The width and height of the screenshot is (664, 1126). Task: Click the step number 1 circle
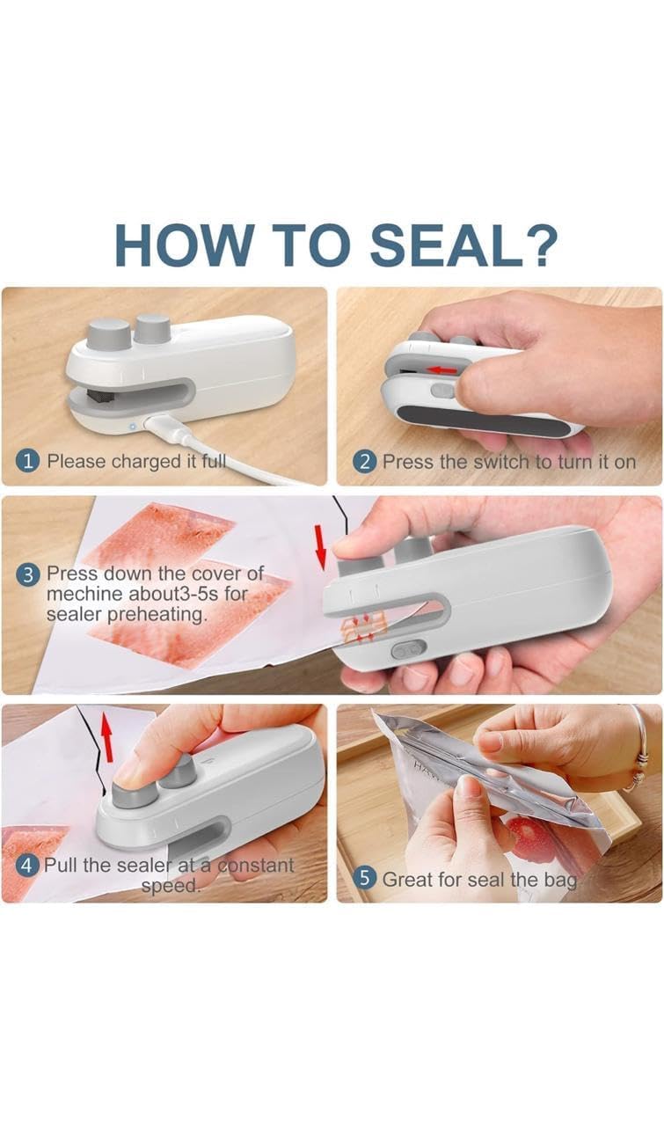(29, 461)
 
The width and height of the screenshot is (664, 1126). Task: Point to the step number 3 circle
(29, 574)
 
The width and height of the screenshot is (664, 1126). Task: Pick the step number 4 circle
(29, 865)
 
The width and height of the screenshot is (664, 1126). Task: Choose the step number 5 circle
(365, 878)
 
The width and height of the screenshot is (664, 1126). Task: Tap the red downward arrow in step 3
(320, 545)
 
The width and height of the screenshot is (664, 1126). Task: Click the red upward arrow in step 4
(107, 737)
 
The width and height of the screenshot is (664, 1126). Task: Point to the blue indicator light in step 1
(133, 426)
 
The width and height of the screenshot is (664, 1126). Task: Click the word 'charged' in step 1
(132, 461)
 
